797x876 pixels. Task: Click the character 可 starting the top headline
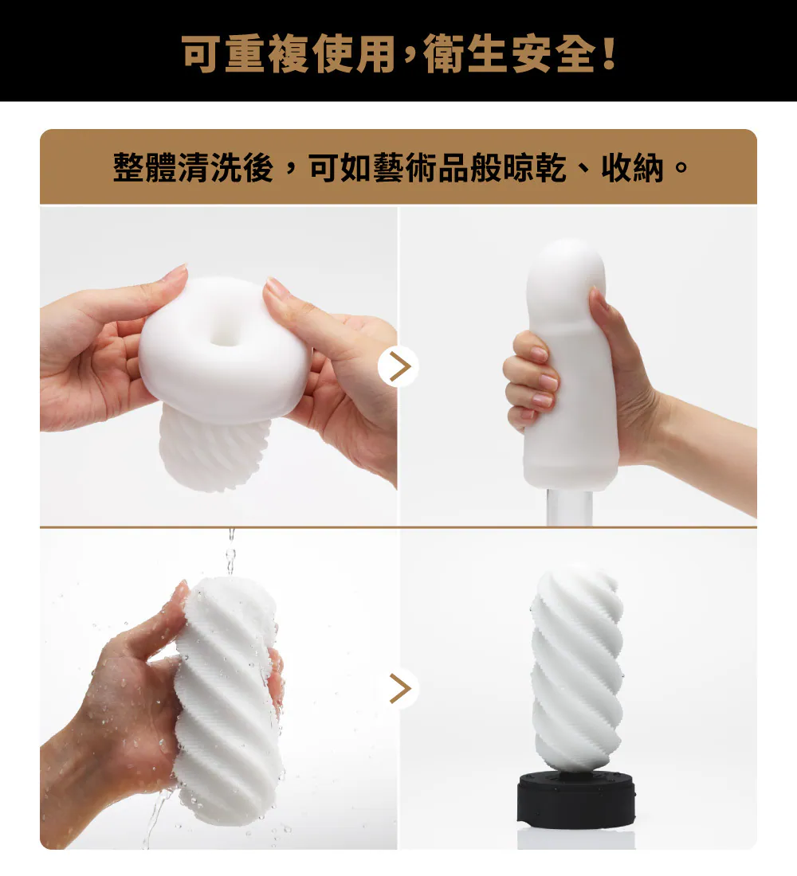[201, 53]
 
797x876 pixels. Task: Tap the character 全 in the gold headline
[576, 53]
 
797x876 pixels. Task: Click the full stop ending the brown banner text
[681, 167]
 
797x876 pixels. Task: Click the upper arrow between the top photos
[398, 366]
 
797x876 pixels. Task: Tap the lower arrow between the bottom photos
[398, 688]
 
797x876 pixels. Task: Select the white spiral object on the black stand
[576, 667]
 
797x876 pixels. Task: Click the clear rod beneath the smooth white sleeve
[569, 507]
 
